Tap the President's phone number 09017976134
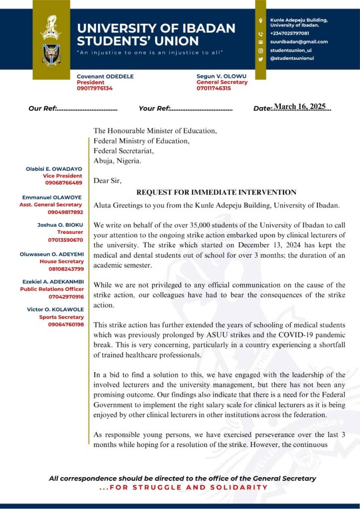[95, 88]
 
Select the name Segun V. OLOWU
[222, 76]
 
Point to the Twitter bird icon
[260, 59]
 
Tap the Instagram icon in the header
[260, 50]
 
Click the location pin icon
[260, 21]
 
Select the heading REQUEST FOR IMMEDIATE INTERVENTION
[216, 192]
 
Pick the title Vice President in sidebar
[62, 176]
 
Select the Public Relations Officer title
[52, 289]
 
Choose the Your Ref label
[154, 108]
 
